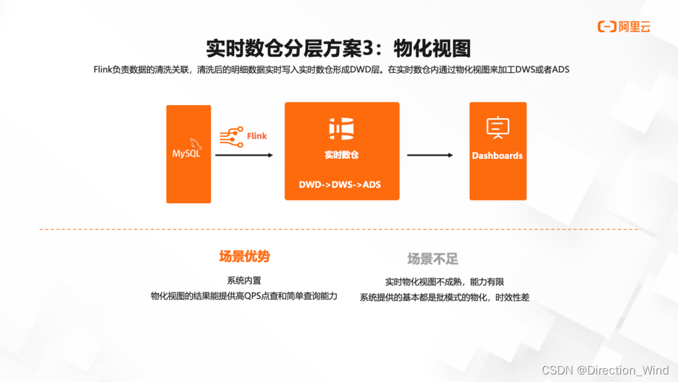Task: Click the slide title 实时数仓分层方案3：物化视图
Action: pos(338,48)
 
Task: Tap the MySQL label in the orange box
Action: pos(186,153)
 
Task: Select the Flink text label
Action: pos(257,136)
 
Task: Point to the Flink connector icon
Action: pos(230,136)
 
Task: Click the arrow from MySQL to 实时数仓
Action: pos(244,155)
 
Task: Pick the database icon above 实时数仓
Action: pos(342,128)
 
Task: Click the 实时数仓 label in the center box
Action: pos(342,155)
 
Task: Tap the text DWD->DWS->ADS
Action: pos(340,185)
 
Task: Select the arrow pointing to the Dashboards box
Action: pos(430,155)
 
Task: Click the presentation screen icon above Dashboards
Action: pos(497,128)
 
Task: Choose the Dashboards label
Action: pos(497,155)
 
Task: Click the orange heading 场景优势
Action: pos(244,256)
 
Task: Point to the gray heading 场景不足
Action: pos(433,259)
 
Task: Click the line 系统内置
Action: pos(244,281)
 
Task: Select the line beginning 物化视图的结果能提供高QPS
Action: pos(244,296)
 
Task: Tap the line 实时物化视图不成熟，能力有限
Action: pos(444,282)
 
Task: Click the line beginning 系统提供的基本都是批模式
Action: pos(444,297)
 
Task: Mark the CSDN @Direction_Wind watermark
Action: pos(605,371)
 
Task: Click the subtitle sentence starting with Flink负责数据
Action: pos(331,70)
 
